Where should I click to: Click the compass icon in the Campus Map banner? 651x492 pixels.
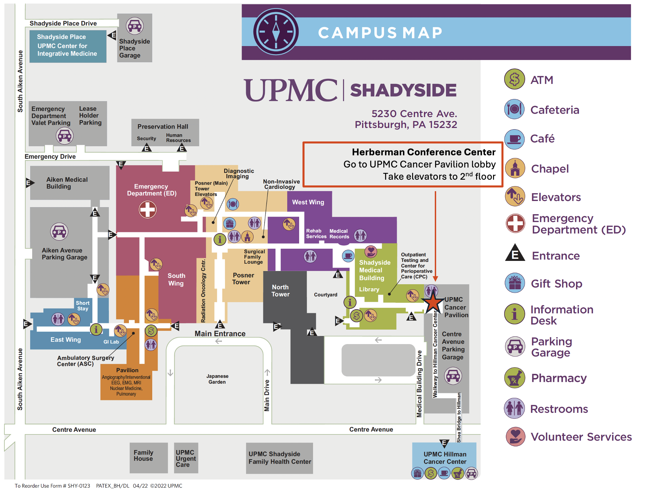[x=276, y=32]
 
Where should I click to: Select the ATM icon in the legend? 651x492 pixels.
[x=514, y=79]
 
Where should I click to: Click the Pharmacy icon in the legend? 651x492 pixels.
[x=514, y=378]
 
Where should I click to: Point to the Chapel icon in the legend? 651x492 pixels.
[x=515, y=168]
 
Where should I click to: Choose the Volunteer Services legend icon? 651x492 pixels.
[x=515, y=437]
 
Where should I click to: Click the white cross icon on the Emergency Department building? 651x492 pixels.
[x=148, y=209]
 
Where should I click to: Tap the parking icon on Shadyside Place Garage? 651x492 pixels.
[x=135, y=26]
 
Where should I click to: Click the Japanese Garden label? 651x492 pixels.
[x=217, y=379]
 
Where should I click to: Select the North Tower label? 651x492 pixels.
[x=280, y=291]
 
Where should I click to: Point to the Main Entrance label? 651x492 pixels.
[x=220, y=334]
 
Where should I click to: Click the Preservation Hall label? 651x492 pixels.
[x=163, y=127]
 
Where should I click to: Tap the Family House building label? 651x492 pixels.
[x=143, y=455]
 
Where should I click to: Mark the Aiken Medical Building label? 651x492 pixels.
[x=67, y=183]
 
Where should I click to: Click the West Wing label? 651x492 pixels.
[x=308, y=202]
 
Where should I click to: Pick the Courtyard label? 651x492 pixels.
[x=325, y=295]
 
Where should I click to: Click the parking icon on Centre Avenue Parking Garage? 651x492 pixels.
[x=453, y=376]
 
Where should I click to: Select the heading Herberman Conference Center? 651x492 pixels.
[x=424, y=152]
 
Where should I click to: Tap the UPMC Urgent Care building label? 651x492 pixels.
[x=185, y=458]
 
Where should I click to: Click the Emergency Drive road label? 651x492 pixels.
[x=50, y=157]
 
